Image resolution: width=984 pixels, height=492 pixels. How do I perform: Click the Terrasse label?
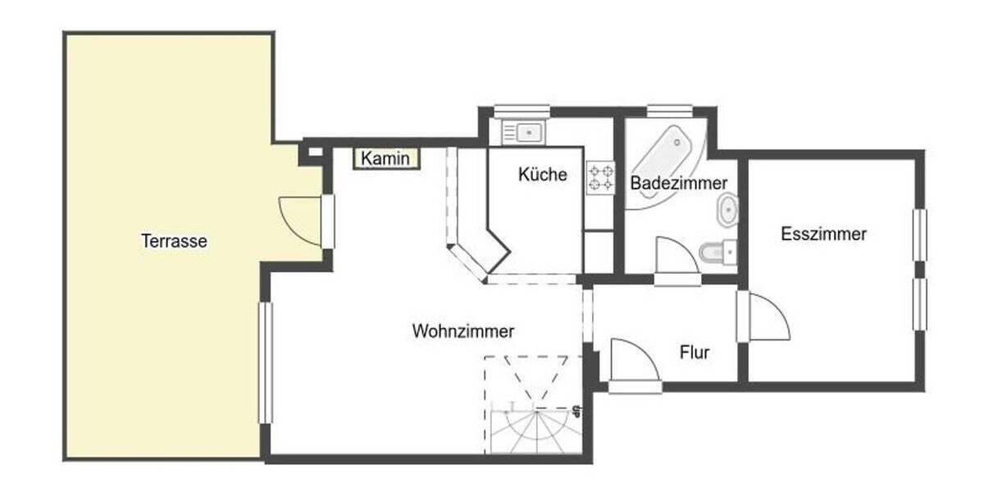pyautogui.click(x=174, y=242)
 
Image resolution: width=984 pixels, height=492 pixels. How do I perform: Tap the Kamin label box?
pyautogui.click(x=386, y=158)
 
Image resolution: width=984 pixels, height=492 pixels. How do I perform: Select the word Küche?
pyautogui.click(x=542, y=175)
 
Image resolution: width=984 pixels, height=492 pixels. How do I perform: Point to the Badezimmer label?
pyautogui.click(x=678, y=184)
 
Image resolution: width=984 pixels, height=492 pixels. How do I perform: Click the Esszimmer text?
pyautogui.click(x=823, y=234)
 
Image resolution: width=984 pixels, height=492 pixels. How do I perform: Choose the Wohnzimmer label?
pyautogui.click(x=463, y=331)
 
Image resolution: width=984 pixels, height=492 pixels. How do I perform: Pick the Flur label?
pyautogui.click(x=695, y=353)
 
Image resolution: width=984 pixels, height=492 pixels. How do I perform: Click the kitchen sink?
pyautogui.click(x=522, y=131)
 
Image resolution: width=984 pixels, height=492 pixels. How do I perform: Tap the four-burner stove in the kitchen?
pyautogui.click(x=601, y=178)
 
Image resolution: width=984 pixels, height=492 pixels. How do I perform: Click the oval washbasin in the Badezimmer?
pyautogui.click(x=727, y=212)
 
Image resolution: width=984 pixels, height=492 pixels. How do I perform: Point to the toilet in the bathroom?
pyautogui.click(x=718, y=251)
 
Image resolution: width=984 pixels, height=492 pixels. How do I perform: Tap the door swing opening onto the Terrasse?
pyautogui.click(x=301, y=221)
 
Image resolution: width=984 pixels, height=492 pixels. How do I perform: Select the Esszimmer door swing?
pyautogui.click(x=768, y=318)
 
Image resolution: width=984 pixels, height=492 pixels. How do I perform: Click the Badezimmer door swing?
pyautogui.click(x=676, y=257)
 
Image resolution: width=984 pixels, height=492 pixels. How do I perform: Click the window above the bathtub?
pyautogui.click(x=669, y=111)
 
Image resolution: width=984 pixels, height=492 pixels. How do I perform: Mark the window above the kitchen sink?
pyautogui.click(x=522, y=111)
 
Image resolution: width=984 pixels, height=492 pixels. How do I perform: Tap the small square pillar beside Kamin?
pyautogui.click(x=312, y=153)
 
